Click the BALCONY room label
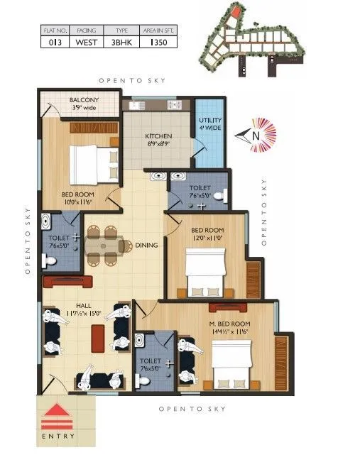[x=84, y=100]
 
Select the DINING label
[x=147, y=245]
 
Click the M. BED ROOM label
[x=235, y=323]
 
